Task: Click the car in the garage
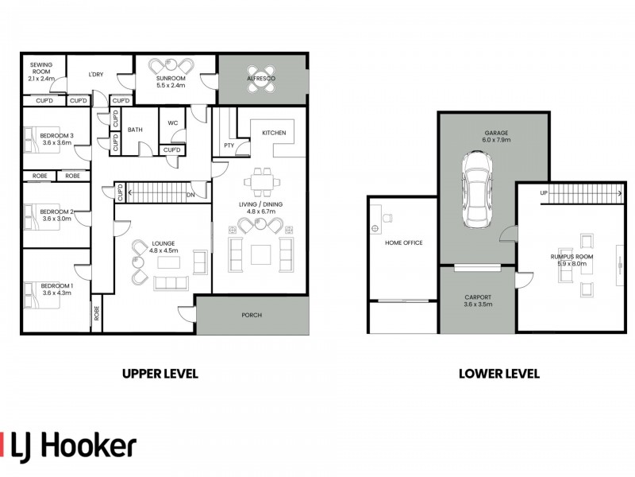(x=478, y=190)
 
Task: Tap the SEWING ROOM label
(x=41, y=68)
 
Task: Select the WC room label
(x=172, y=123)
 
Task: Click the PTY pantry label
(x=229, y=145)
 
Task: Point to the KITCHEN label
(x=274, y=133)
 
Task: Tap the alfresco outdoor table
(x=261, y=79)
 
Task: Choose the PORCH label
(x=252, y=315)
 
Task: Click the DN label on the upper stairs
(x=190, y=195)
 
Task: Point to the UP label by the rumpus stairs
(x=544, y=193)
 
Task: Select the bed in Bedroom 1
(x=42, y=294)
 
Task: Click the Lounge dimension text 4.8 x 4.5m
(x=164, y=250)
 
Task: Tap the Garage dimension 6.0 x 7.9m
(x=496, y=140)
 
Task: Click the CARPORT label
(x=479, y=297)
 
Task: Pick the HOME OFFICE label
(x=404, y=242)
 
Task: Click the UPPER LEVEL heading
(x=160, y=374)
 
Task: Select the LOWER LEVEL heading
(x=499, y=374)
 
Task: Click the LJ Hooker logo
(x=68, y=448)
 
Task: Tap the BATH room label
(x=135, y=130)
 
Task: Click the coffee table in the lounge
(x=168, y=262)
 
